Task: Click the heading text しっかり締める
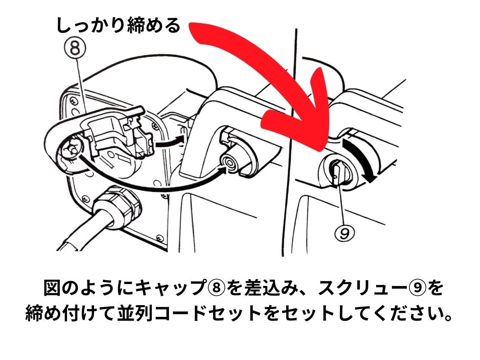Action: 118,25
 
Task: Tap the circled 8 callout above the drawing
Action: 75,49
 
